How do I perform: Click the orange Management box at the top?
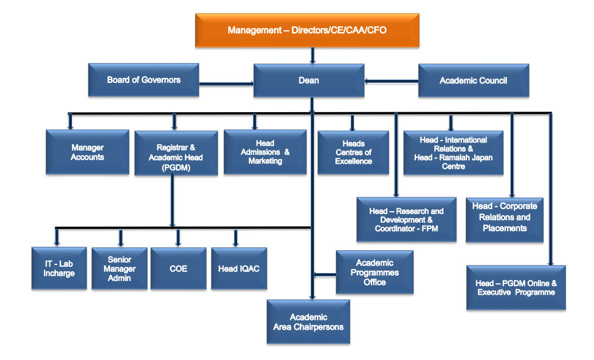(x=307, y=30)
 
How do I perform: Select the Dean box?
(x=309, y=80)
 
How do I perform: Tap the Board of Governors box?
(x=144, y=80)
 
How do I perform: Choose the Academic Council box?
(x=473, y=80)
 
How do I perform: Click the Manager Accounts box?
(x=88, y=152)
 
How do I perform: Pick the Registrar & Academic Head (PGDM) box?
(x=176, y=153)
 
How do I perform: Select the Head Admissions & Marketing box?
(x=265, y=152)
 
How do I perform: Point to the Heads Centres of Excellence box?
(x=353, y=152)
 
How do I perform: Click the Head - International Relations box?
(x=453, y=153)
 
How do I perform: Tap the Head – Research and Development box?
(x=406, y=220)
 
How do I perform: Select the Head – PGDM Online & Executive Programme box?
(x=516, y=287)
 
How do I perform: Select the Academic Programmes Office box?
(x=375, y=272)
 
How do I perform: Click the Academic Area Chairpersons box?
(x=308, y=322)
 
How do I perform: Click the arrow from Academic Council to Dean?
(x=391, y=81)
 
